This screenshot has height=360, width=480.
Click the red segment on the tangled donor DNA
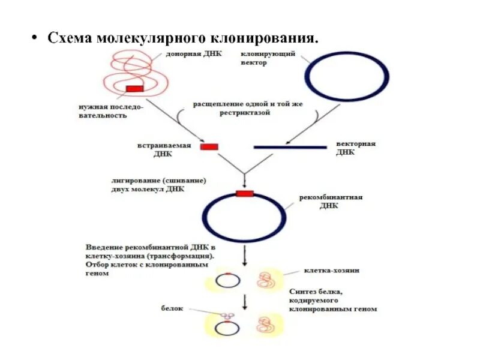pos(134,89)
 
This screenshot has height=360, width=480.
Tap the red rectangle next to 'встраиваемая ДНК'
pos(209,146)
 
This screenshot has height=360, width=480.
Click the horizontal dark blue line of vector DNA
pos(290,146)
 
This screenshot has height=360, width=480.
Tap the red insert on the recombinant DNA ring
pos(244,193)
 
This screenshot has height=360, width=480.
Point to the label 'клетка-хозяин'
pos(332,271)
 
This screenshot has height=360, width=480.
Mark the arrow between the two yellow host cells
pos(244,301)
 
